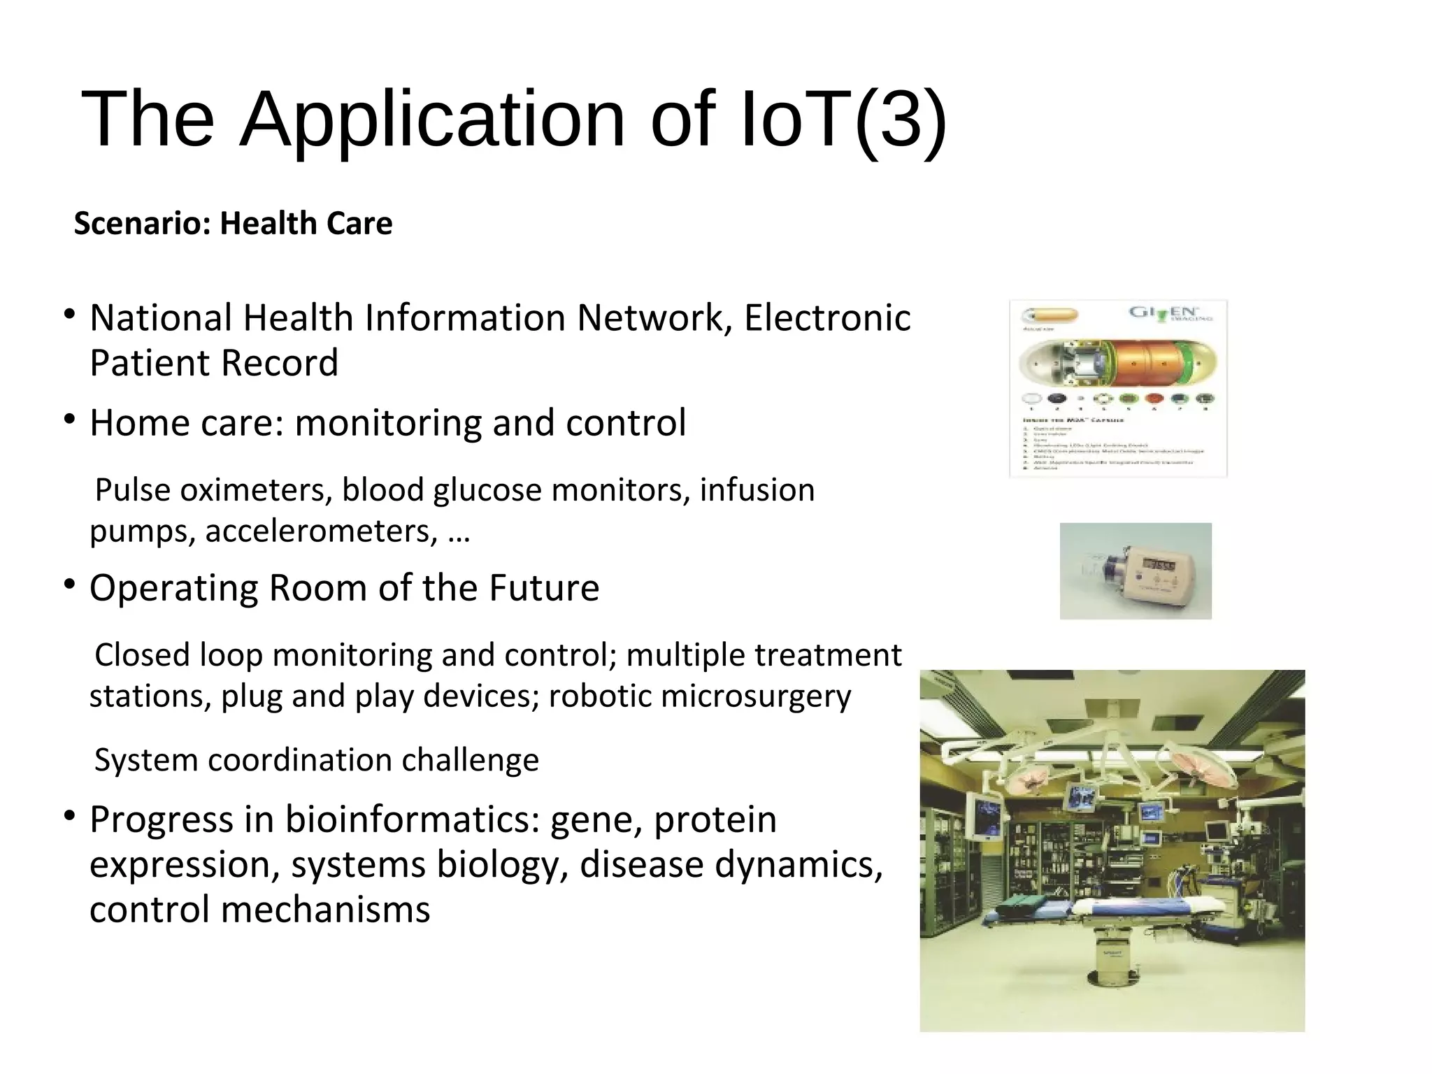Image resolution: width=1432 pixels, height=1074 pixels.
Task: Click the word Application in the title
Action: (x=431, y=120)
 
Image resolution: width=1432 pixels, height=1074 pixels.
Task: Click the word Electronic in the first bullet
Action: (x=827, y=318)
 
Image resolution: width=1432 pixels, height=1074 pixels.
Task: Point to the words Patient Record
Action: (x=214, y=364)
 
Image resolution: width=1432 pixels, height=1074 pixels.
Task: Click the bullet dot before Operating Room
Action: (x=69, y=585)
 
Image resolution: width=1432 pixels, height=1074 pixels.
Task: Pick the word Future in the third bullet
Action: (x=544, y=587)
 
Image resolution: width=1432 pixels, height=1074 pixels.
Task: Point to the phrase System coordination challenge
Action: (x=317, y=760)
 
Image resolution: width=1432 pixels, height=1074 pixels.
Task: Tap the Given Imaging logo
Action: (x=1172, y=314)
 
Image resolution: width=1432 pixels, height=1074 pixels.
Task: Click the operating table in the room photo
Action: (x=1112, y=909)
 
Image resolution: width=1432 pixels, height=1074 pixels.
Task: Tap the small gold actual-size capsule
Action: (x=1050, y=315)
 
